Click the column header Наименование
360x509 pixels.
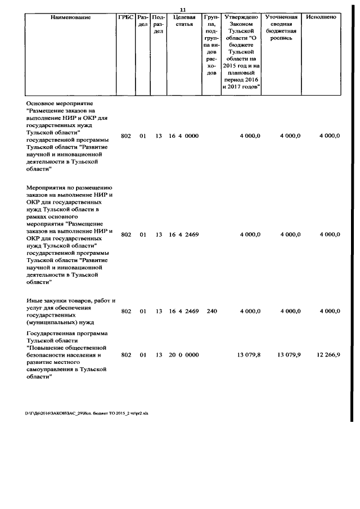(x=70, y=17)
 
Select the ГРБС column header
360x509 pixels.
(x=125, y=17)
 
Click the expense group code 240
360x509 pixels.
(x=211, y=311)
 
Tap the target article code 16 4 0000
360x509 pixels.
(x=183, y=136)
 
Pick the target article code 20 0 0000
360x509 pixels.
(x=183, y=355)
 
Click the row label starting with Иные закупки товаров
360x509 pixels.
(x=70, y=312)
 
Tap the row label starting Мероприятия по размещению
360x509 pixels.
(x=70, y=235)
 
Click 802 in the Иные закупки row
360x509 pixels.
(x=126, y=311)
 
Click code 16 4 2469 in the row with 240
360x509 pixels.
(x=183, y=311)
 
